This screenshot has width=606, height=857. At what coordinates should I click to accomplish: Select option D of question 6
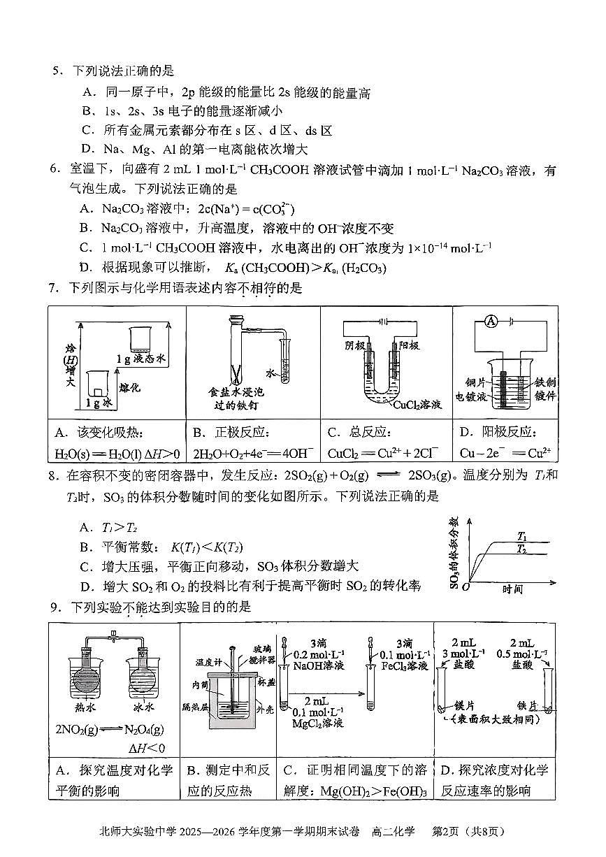click(86, 268)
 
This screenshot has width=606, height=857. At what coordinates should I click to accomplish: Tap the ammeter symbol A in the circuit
click(491, 321)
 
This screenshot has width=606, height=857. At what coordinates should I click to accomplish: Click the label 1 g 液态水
click(142, 359)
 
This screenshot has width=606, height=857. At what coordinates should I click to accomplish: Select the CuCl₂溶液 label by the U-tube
click(417, 405)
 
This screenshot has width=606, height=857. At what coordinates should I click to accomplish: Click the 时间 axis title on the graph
click(514, 589)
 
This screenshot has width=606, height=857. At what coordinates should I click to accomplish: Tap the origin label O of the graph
click(466, 586)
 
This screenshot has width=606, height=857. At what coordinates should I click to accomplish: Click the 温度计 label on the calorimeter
click(208, 661)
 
